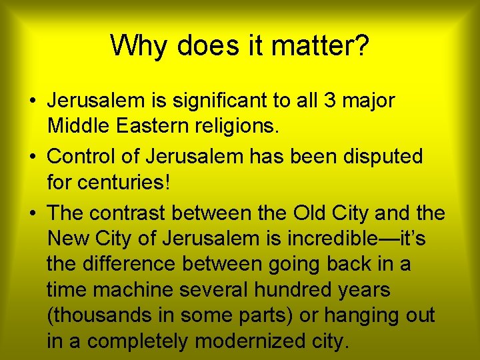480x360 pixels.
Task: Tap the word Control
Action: click(83, 157)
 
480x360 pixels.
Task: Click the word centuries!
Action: click(109, 181)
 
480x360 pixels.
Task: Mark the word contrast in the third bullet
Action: click(127, 213)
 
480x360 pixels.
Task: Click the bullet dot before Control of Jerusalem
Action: click(32, 157)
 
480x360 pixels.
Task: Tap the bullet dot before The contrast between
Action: click(32, 213)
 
